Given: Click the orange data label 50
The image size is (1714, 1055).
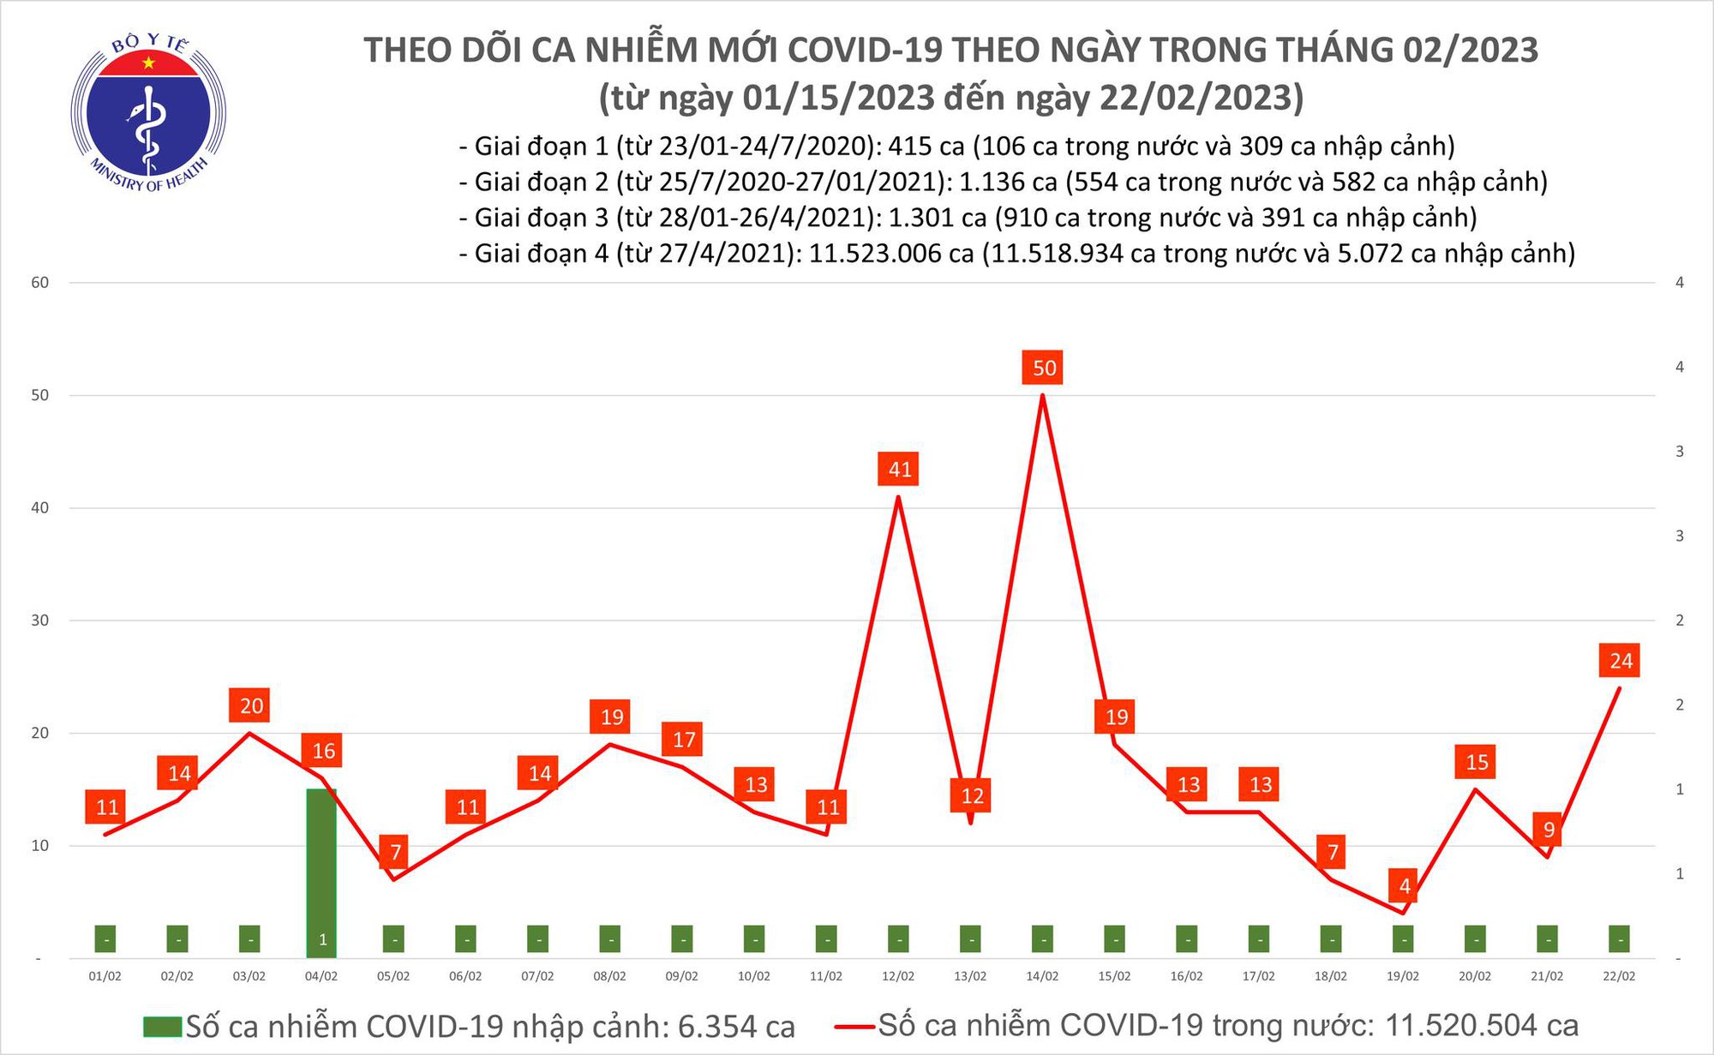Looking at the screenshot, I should [1043, 368].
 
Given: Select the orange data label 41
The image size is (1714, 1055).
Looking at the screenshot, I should [899, 469].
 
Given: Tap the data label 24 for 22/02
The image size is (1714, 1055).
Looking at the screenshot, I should [1620, 661].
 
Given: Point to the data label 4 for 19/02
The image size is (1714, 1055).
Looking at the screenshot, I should [1404, 885].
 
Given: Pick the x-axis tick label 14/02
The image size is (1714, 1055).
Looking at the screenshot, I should [1042, 976].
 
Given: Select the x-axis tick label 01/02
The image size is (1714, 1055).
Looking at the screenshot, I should [105, 976].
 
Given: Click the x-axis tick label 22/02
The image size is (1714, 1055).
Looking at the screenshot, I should [1619, 976].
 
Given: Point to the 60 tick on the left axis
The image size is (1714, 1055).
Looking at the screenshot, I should [40, 283].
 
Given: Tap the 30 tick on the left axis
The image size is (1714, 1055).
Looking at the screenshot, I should [40, 620].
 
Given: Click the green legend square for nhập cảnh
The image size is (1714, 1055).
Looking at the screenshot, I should [162, 1026].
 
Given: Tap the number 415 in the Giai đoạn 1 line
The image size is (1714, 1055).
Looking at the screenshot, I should [914, 147].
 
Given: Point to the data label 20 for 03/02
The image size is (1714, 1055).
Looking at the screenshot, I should [250, 705].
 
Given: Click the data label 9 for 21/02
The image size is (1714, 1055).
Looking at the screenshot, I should [1548, 829].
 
